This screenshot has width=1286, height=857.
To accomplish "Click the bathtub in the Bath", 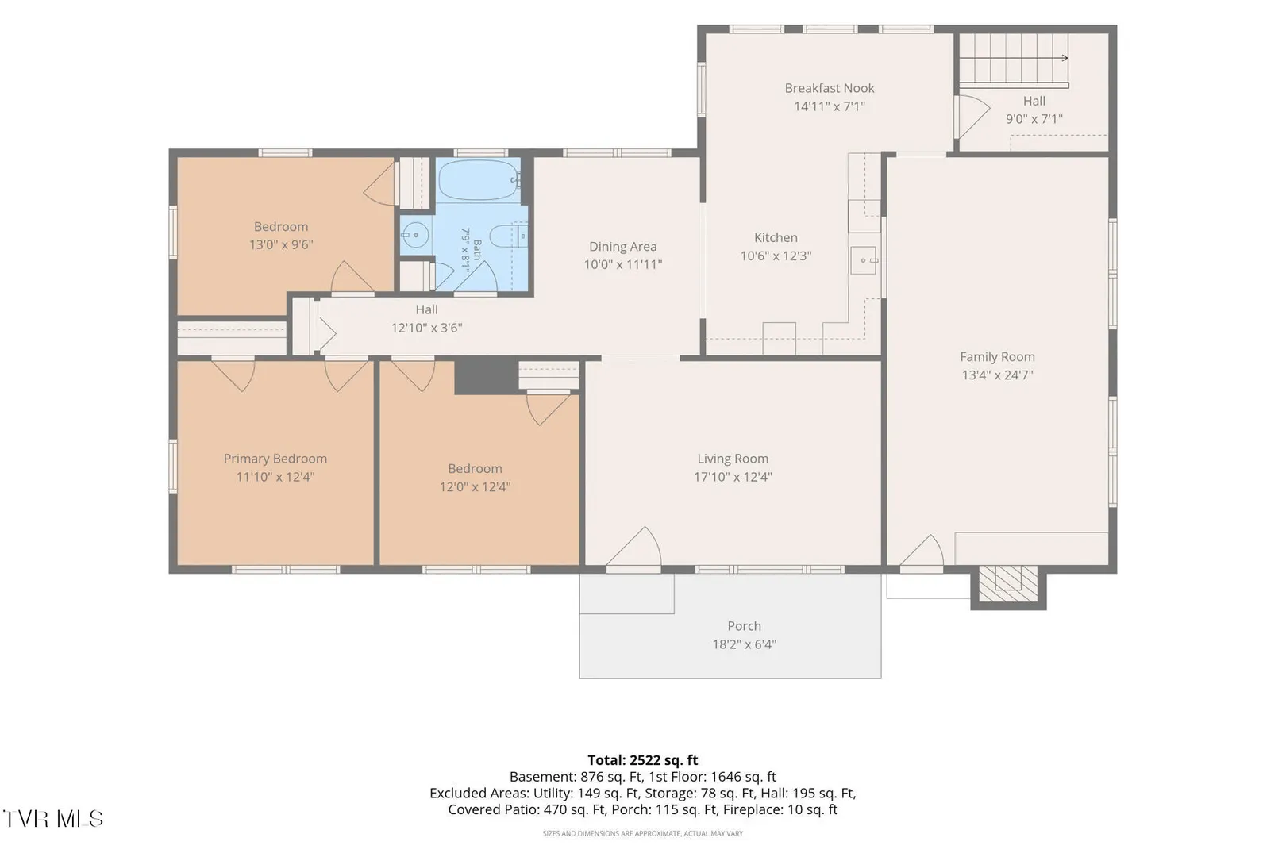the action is coord(477,180).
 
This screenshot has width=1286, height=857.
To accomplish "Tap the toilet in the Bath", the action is coord(507,236).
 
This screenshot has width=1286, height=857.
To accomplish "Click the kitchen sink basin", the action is coord(864,260).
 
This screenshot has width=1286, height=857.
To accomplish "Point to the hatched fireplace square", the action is coord(1008,583).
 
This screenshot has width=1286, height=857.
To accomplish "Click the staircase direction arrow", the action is coord(1014,58).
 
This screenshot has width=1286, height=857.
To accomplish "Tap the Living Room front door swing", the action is coord(634,549).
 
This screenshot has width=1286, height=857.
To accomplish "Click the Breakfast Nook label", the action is coord(829,88).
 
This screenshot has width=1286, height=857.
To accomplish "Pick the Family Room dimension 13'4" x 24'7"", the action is coord(997,375).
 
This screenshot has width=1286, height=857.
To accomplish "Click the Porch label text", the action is coord(744,625).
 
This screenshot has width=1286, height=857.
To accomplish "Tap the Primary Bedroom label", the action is coord(275,459).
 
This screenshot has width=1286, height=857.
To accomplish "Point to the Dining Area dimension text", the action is coord(623,264).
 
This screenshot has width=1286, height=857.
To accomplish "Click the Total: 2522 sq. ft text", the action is coord(642,760).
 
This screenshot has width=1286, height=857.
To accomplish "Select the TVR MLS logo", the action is coord(53,819).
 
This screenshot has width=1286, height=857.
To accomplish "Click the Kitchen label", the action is coord(776,237).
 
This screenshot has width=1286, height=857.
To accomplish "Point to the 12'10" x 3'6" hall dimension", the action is coord(426,328).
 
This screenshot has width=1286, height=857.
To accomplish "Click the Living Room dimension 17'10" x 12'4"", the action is coord(733,477).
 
